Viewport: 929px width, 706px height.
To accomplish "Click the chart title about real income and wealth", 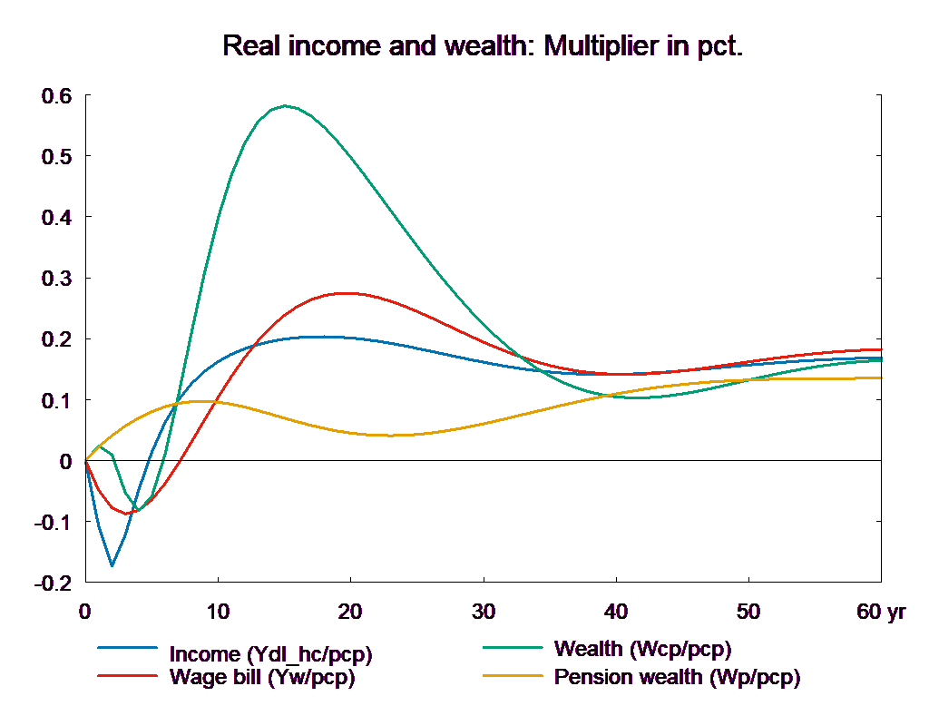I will (483, 46).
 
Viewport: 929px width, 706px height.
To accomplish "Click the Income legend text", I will (270, 654).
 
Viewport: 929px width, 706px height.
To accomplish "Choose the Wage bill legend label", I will (261, 677).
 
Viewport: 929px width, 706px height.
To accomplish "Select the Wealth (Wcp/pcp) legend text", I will (642, 649).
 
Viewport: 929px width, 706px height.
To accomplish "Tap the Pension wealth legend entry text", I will (677, 677).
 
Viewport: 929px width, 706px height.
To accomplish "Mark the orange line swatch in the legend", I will (512, 676).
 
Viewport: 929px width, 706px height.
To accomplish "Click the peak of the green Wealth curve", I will (286, 105).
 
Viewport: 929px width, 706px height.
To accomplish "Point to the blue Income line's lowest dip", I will (112, 565).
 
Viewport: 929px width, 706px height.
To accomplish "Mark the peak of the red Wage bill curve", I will (346, 293).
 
